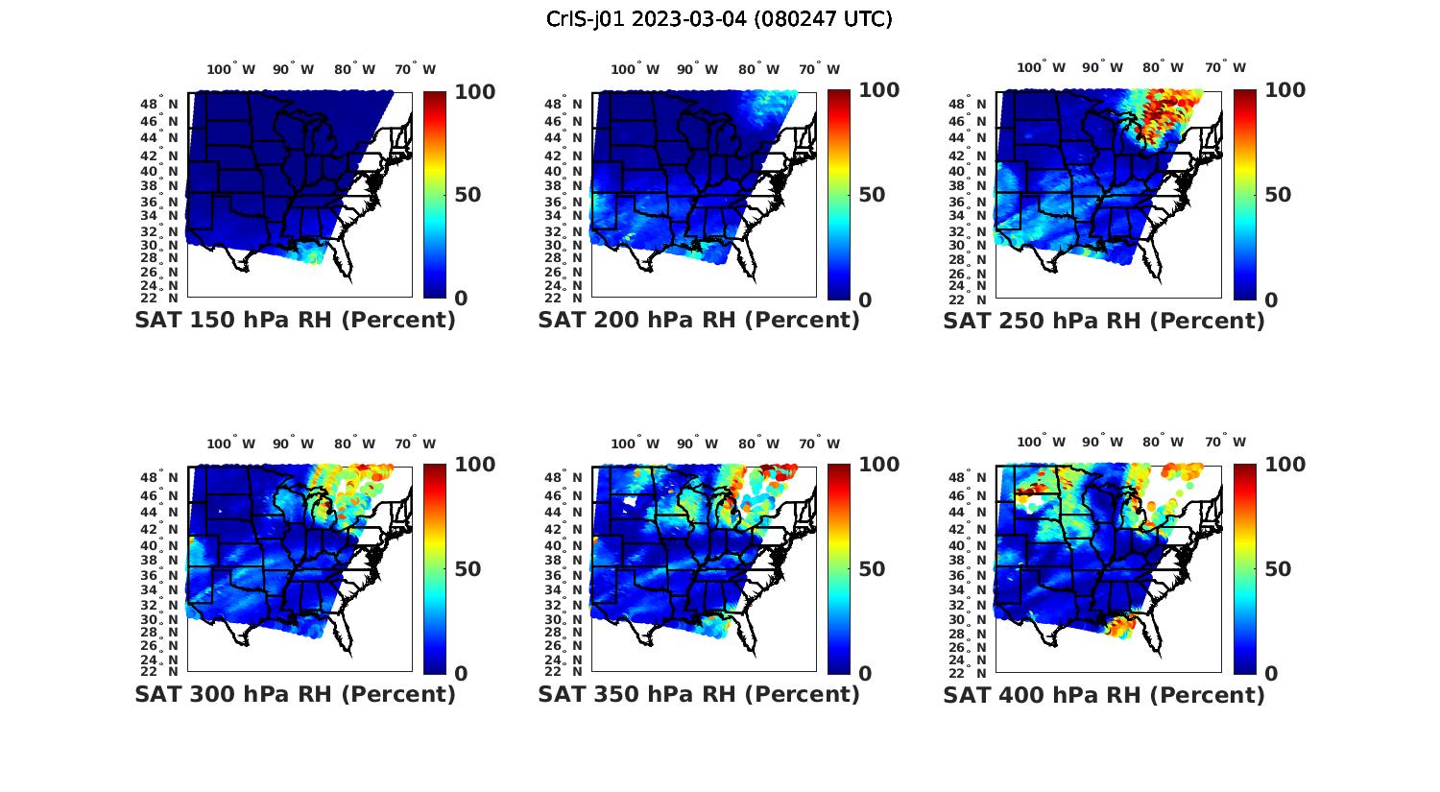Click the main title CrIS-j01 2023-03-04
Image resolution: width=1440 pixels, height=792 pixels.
tap(719, 19)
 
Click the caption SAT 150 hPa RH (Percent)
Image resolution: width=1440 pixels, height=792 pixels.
tap(295, 320)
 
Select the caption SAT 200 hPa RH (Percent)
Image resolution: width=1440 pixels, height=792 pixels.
tap(699, 320)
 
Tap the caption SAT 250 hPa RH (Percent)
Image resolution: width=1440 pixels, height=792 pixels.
tap(1104, 321)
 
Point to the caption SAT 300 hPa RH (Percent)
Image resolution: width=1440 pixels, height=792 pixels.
tap(295, 693)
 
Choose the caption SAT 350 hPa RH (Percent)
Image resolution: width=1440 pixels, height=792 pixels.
tap(699, 693)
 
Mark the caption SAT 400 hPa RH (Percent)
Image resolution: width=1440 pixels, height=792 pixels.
tap(1104, 694)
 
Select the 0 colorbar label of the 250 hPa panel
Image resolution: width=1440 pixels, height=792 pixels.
tap(1271, 300)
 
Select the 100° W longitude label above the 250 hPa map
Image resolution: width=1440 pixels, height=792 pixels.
tap(1041, 67)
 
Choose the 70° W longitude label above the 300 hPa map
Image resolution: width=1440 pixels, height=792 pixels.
tap(415, 444)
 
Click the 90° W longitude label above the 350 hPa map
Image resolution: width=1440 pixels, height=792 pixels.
tap(698, 444)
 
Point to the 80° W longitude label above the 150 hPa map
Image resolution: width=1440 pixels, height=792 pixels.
tap(355, 69)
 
